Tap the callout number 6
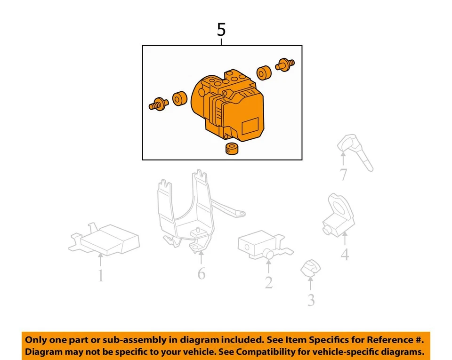(x=202, y=273)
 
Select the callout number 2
(x=268, y=282)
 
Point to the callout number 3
(x=311, y=300)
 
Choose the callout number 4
(x=345, y=255)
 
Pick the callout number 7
(x=344, y=175)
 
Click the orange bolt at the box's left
(x=159, y=104)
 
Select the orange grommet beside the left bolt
(x=178, y=100)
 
